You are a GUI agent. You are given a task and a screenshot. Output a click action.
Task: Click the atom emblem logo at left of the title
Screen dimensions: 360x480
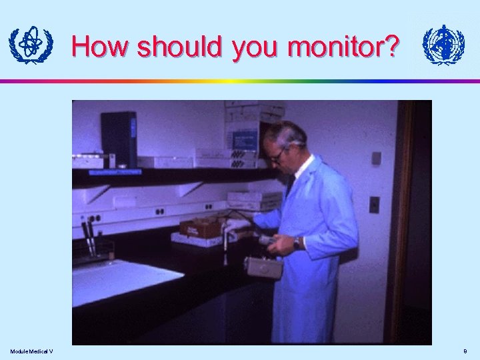click(x=30, y=45)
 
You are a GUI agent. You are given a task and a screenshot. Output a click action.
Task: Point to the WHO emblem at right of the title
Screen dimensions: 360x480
click(x=443, y=45)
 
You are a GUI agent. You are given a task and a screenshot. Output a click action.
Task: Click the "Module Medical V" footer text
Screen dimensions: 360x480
click(x=31, y=351)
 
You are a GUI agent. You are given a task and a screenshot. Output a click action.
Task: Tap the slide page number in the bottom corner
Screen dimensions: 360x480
click(x=465, y=351)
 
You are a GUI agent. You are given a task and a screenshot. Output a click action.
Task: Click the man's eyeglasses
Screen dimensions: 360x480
click(x=277, y=155)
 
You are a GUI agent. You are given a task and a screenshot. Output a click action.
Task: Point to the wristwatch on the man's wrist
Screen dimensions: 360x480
click(x=297, y=242)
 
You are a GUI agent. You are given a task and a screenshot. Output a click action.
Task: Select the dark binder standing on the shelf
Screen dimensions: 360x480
click(x=119, y=139)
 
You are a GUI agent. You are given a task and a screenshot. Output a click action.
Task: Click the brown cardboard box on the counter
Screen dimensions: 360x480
click(x=201, y=227)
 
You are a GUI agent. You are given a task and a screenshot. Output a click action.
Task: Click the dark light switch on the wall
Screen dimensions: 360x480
click(x=375, y=204)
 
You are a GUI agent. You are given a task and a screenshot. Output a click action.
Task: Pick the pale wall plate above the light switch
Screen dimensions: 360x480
click(x=376, y=158)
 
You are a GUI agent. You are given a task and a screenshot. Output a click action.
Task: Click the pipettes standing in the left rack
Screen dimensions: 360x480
click(x=88, y=238)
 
